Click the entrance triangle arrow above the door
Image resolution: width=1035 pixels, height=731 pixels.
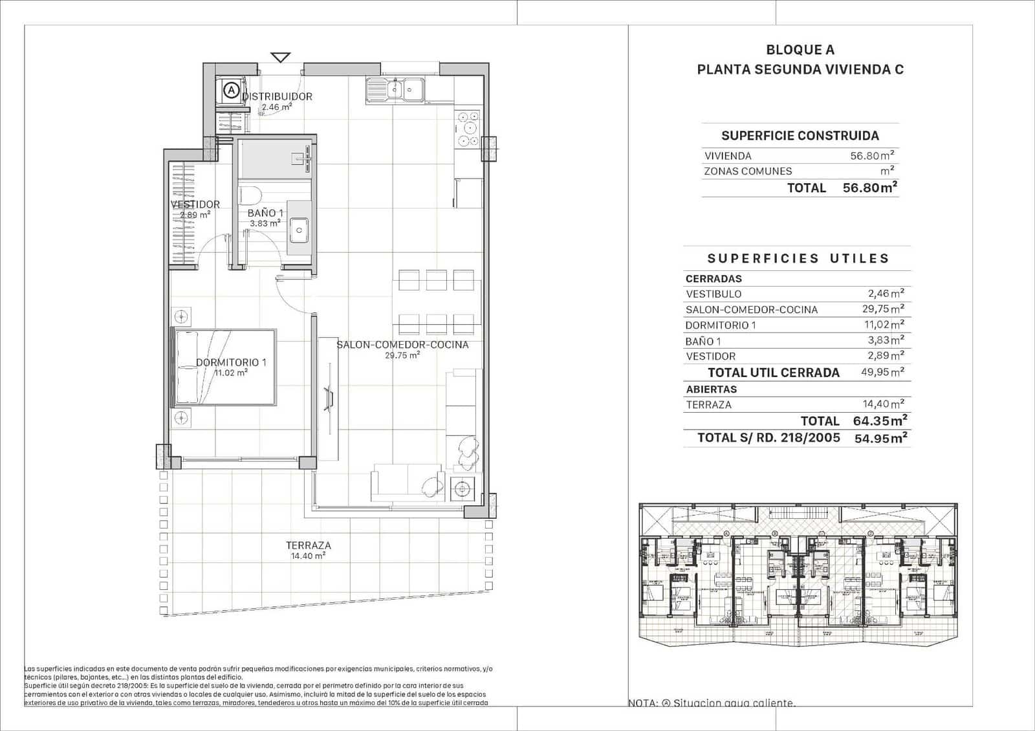[x=280, y=57]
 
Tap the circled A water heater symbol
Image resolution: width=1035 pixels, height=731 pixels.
[x=231, y=90]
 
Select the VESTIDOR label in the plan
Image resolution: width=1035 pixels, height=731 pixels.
[x=195, y=204]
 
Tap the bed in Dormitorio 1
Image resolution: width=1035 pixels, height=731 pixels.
[x=224, y=367]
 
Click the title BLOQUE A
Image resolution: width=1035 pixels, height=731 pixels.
[x=800, y=50]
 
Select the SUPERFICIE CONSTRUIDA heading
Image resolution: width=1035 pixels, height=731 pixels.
[x=800, y=136]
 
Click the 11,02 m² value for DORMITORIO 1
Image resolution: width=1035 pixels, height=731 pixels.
[x=883, y=325]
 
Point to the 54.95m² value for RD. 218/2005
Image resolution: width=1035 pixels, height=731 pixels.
[x=880, y=438]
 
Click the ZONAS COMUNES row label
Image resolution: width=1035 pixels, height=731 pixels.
[x=747, y=171]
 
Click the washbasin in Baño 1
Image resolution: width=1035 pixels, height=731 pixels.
[x=299, y=228]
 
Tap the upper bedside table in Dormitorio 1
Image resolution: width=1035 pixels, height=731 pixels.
[x=182, y=317]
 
